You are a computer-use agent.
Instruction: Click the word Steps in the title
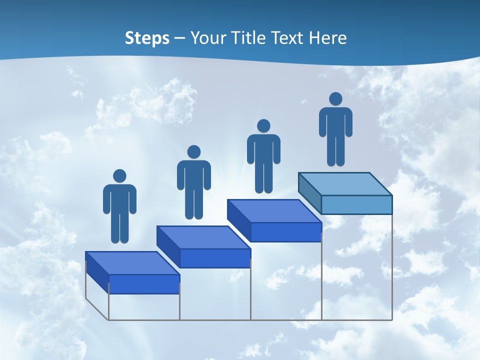coord(147,38)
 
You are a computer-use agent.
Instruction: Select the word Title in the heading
coord(248,38)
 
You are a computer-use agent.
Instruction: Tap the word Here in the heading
coord(328,38)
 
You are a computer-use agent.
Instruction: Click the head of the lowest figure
coord(119,176)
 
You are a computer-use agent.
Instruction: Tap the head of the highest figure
coord(335,99)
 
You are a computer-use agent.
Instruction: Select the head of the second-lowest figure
coord(193,152)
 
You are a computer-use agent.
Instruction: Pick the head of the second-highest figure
coord(263,126)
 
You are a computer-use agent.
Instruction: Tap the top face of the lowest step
coord(132,263)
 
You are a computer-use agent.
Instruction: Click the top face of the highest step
coord(345,183)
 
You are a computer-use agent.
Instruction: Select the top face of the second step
coord(203,237)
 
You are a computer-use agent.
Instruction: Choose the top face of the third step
coord(274,211)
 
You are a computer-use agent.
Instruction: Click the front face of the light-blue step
coord(356,204)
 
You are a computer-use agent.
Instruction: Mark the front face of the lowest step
coord(144,284)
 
